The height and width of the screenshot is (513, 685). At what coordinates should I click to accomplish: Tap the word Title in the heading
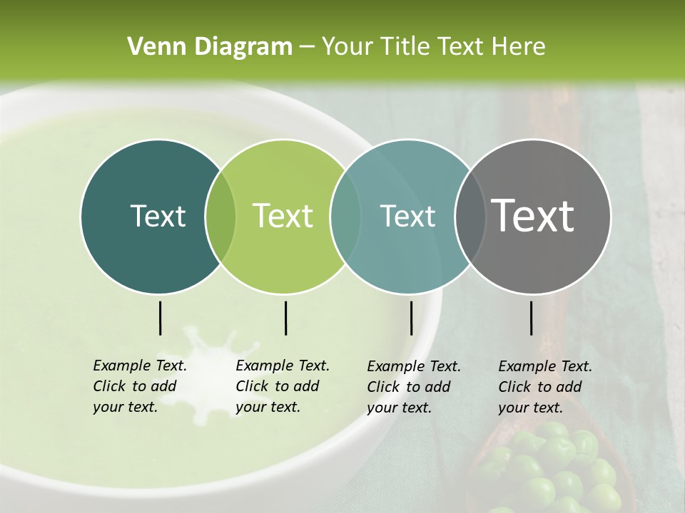404,47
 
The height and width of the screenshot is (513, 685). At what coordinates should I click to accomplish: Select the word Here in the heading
519,47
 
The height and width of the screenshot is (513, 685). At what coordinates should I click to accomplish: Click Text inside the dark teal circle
158,216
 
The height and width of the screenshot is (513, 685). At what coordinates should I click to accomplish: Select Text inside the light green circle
283,216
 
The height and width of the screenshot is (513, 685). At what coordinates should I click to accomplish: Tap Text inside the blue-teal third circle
407,216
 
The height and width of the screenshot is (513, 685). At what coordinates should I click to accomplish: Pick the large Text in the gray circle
533,216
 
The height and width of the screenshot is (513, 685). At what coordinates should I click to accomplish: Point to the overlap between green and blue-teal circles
345,216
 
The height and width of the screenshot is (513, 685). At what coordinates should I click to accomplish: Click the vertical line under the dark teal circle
160,318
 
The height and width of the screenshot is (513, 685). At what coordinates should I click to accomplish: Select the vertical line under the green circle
285,318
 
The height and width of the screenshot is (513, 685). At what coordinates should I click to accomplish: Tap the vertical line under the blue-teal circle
411,318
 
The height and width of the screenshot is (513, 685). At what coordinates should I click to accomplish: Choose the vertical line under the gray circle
532,318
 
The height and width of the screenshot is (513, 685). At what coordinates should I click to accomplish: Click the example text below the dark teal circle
139,386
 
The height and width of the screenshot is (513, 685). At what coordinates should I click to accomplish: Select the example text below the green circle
282,386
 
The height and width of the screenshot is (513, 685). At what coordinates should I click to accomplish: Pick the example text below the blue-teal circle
413,387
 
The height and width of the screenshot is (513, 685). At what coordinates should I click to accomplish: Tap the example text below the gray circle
544,387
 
